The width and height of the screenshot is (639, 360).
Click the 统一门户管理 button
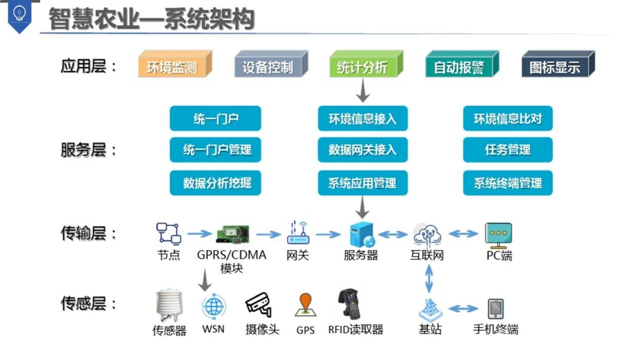[x=216, y=150]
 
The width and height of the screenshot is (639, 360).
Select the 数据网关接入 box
[x=362, y=150]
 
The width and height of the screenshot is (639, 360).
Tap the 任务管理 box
[x=507, y=150]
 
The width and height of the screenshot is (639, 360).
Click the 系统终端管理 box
[x=507, y=183]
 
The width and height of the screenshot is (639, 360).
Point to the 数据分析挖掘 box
[x=216, y=183]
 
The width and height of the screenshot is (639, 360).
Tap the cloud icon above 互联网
[x=427, y=234]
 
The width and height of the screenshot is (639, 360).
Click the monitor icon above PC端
[x=498, y=235]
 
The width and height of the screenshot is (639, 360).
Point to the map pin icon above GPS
[x=305, y=305]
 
